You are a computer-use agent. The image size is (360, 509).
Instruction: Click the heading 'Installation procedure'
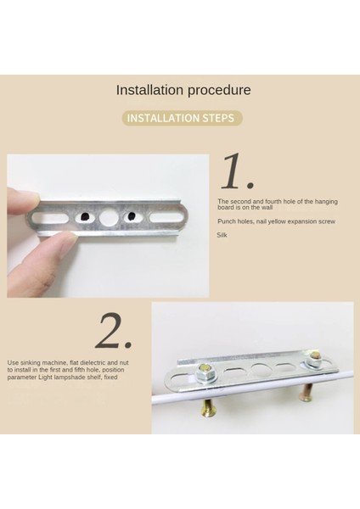point(183,90)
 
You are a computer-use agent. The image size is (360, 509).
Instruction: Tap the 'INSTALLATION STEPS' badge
point(182,118)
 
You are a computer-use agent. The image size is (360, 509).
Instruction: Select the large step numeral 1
point(237,171)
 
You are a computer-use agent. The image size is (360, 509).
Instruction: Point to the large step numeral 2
point(114,331)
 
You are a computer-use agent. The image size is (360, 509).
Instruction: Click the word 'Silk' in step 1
point(222,235)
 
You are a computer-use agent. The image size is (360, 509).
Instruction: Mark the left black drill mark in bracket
point(84,216)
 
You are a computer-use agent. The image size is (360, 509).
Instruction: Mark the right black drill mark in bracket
point(132,216)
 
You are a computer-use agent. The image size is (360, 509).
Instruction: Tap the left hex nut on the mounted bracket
point(205,372)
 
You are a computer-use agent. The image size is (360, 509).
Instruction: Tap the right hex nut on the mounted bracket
point(314,359)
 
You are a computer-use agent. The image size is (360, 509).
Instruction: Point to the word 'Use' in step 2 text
point(13,362)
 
